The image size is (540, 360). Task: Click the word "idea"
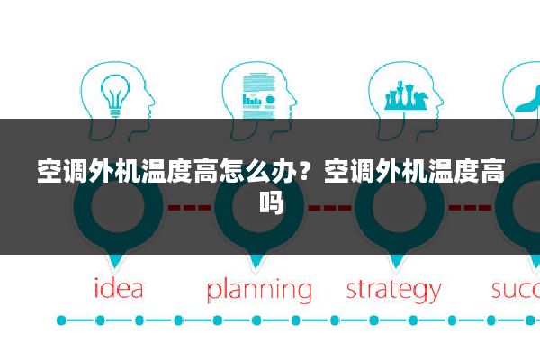120,289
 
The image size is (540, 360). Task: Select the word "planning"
259,291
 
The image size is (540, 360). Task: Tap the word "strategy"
393,290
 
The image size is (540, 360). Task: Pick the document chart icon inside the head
256,94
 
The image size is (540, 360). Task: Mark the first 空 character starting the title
49,171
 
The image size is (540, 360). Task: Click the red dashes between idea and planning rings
189,207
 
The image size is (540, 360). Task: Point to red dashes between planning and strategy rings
329,207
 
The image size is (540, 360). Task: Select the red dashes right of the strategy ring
469,207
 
